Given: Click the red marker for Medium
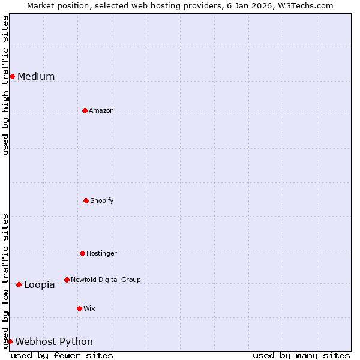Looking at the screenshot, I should (x=12, y=76).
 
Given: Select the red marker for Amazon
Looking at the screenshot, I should (x=85, y=110).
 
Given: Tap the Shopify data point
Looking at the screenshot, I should (x=86, y=200).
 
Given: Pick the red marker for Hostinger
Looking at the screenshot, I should (x=82, y=253).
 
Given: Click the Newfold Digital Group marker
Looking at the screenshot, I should (x=67, y=280).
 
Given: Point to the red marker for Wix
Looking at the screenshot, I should (x=79, y=308).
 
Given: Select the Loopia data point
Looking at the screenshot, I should (x=19, y=284).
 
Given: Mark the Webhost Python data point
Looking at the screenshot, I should (x=10, y=341).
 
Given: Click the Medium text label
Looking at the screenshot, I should (x=36, y=76).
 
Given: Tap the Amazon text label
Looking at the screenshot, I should (x=101, y=110).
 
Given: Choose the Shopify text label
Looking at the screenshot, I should (x=102, y=200).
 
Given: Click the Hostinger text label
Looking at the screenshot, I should (x=101, y=253).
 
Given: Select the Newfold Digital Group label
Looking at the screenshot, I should (x=106, y=280).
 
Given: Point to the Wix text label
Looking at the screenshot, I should (x=89, y=308).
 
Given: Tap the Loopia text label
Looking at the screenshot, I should (x=40, y=284).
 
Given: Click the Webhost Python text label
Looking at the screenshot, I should (x=54, y=341).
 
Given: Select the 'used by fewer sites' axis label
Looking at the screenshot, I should (x=62, y=355).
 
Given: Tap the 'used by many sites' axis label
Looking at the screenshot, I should (x=301, y=355).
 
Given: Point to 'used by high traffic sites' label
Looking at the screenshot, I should (x=5, y=85).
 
